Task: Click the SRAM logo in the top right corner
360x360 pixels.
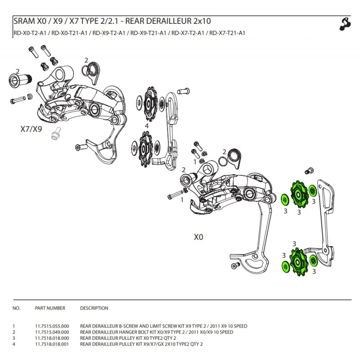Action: [345, 24]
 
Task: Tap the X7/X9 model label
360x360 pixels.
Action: [31, 128]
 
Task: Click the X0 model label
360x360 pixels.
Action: [198, 237]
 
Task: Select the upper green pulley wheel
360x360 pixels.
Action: [299, 194]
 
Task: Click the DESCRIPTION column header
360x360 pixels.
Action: [94, 308]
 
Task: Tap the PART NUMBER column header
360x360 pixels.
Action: [50, 308]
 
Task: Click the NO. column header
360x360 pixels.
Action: [16, 308]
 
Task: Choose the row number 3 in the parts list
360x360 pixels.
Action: [14, 338]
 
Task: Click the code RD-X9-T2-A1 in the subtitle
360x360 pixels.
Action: [108, 33]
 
